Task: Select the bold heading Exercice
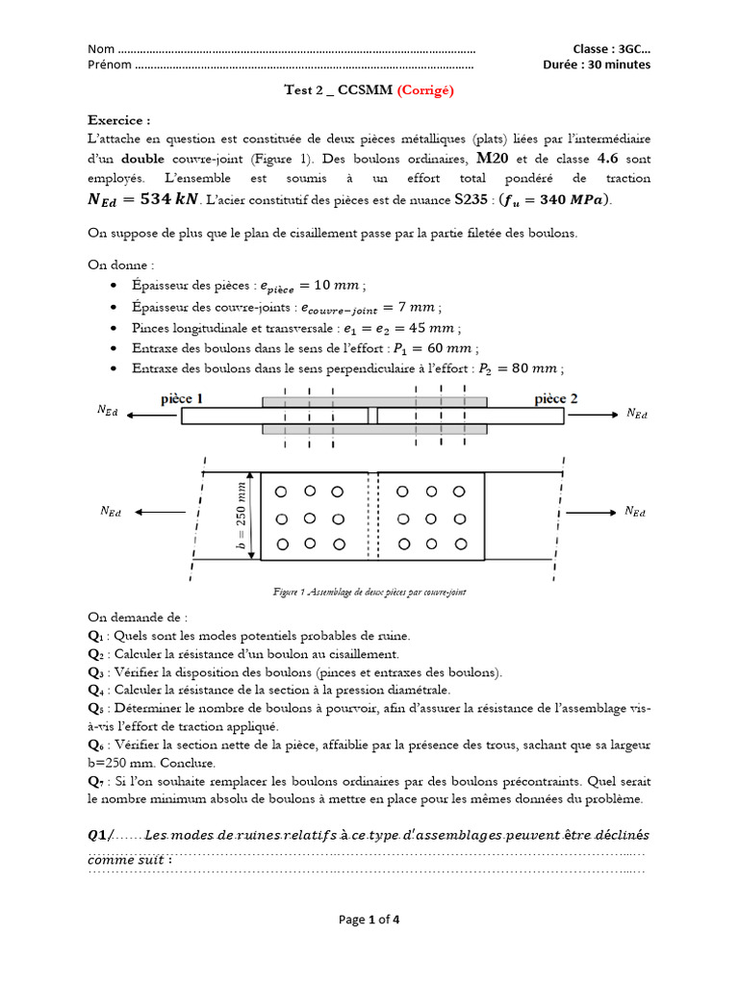coord(119,121)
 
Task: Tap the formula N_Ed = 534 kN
coord(144,199)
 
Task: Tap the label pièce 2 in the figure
coord(555,397)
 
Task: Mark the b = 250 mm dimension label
coord(242,517)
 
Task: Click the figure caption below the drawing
coord(369,594)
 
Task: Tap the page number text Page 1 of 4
coord(369,919)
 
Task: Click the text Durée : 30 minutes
coord(597,65)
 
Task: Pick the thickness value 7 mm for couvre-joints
coord(420,308)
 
